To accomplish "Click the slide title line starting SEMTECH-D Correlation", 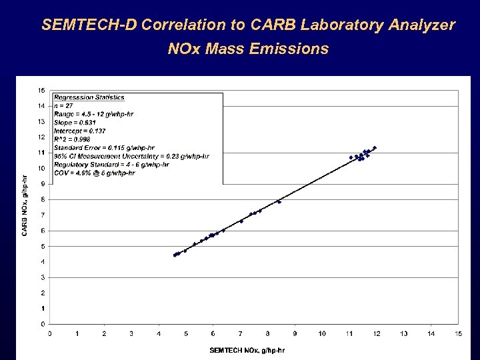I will pyautogui.click(x=248, y=25).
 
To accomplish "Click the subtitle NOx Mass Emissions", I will pyautogui.click(x=248, y=49).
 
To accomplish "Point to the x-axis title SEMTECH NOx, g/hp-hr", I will pyautogui.click(x=247, y=350).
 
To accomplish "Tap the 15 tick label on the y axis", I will pyautogui.click(x=41, y=91).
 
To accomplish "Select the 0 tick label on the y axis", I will pyautogui.click(x=43, y=324).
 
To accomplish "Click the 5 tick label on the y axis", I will pyautogui.click(x=43, y=246).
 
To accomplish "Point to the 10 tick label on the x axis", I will pyautogui.click(x=322, y=333).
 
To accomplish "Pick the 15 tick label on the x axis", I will pyautogui.click(x=458, y=333).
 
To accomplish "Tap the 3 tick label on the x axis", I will pyautogui.click(x=131, y=333).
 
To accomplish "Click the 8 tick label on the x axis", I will pyautogui.click(x=267, y=333).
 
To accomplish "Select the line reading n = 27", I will pyautogui.click(x=64, y=106).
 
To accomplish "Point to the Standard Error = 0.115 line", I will pyautogui.click(x=104, y=148).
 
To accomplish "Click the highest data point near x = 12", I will pyautogui.click(x=375, y=148).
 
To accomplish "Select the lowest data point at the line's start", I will pyautogui.click(x=175, y=255).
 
